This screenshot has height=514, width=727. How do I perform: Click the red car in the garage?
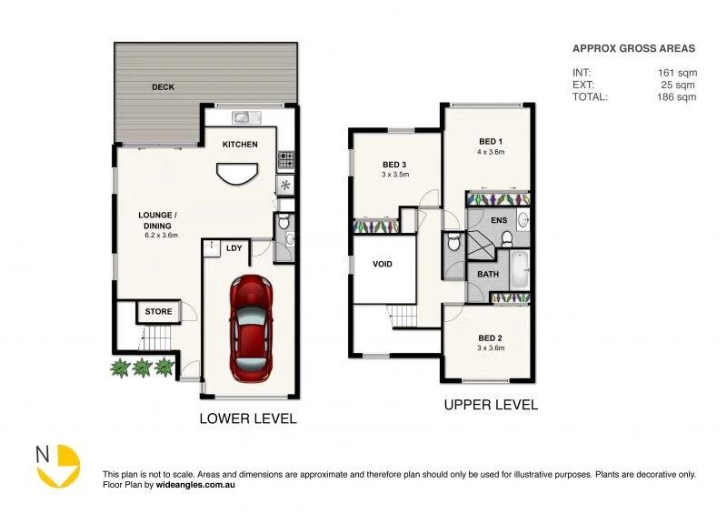pos(251,328)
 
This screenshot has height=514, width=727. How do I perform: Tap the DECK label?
pos(164,87)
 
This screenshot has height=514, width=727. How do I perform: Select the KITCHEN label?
pos(240,145)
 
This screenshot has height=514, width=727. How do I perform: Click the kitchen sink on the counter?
pos(244,116)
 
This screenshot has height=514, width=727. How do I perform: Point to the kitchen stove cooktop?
pos(285,159)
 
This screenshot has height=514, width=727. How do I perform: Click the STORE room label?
pos(158,312)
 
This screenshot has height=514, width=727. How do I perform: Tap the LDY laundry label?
pos(234,247)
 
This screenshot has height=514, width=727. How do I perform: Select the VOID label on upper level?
pos(383,265)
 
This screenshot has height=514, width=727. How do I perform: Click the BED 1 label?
pos(491,141)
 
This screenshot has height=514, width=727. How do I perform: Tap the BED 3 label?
pos(395,165)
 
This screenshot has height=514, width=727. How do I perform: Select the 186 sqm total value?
pos(678,96)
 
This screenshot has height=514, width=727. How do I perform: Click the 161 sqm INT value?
pos(678,73)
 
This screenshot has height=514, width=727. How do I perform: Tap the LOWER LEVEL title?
pos(248,419)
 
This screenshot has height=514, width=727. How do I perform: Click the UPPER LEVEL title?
pos(490,404)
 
